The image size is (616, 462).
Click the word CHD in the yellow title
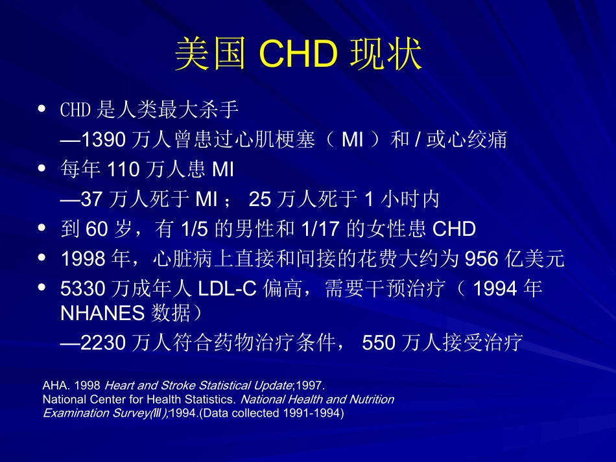coord(299,54)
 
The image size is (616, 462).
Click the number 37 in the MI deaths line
coord(91,200)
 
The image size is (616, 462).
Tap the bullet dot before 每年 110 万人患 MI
coord(43,169)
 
